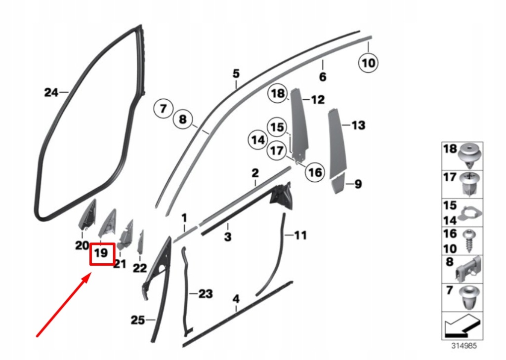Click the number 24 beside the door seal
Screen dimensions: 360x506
click(51, 92)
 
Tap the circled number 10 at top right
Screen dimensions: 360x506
click(369, 63)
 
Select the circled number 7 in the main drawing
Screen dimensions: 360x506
click(163, 108)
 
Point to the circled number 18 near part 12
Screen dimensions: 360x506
click(278, 93)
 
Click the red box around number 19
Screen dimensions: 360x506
click(102, 254)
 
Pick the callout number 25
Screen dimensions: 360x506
click(137, 320)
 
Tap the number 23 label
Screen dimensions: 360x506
click(206, 294)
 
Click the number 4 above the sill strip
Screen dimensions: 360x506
click(236, 299)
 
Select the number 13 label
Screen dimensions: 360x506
click(358, 125)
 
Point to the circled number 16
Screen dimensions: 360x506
click(315, 172)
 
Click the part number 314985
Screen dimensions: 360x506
click(464, 346)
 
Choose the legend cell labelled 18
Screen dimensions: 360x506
click(462, 156)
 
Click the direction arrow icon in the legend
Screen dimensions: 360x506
click(462, 326)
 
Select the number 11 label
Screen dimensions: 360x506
click(300, 236)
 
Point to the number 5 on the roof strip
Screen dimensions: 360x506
click(236, 74)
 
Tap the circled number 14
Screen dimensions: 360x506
click(258, 140)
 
